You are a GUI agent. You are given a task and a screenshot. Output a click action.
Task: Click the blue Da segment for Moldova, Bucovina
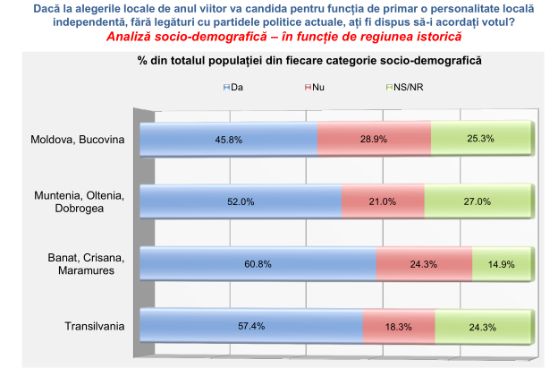229,140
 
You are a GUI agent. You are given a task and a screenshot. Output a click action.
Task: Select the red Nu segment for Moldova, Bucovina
374,140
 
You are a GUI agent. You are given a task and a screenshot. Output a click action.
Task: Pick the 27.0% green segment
477,201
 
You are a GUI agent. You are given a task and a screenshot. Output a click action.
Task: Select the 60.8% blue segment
258,264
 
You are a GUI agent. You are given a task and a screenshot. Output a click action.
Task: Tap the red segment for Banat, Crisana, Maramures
424,264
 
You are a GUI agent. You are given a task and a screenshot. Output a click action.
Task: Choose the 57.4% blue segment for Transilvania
252,326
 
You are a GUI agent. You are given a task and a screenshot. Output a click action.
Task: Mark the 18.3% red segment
393,326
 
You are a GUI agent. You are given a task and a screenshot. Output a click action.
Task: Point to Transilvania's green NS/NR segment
481,326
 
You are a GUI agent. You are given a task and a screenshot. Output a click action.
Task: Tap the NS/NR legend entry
401,86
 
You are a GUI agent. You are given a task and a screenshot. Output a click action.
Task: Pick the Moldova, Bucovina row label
77,140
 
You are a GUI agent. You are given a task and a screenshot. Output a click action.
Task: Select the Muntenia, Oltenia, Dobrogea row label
80,202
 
